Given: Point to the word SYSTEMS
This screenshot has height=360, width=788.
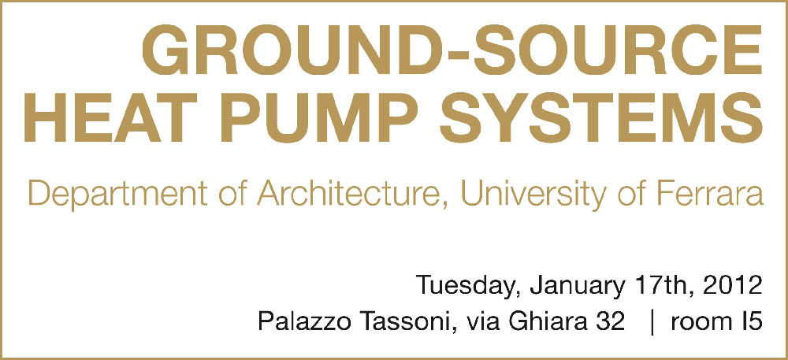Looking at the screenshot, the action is click(x=601, y=117).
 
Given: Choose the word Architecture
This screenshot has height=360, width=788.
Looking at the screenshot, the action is click(x=346, y=195).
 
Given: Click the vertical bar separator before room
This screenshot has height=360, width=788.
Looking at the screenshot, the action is click(x=652, y=322).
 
